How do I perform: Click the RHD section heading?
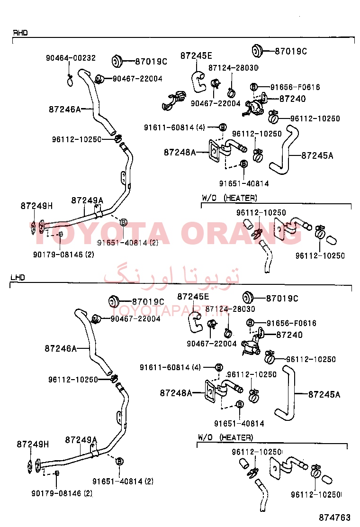[x=20, y=33]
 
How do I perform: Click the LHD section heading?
[x=18, y=277]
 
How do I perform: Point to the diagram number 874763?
[x=334, y=517]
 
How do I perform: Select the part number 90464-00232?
[x=71, y=58]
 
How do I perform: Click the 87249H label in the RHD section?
[x=36, y=206]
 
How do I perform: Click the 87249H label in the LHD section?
[x=33, y=445]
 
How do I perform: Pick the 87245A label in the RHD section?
[x=317, y=155]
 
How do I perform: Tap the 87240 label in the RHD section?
[x=293, y=99]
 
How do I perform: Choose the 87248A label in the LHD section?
[x=176, y=392]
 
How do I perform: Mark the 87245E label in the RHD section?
[x=196, y=56]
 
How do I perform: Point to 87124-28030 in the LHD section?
[x=230, y=309]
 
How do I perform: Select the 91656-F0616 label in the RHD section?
[x=295, y=87]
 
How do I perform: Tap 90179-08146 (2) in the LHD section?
[x=62, y=493]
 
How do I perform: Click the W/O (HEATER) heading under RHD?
[x=229, y=198]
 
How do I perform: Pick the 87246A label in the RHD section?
[x=64, y=109]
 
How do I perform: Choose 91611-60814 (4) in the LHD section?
[x=170, y=367]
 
